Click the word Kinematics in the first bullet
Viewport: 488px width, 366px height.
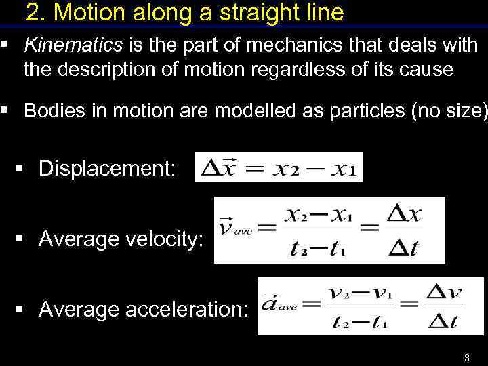coord(73,45)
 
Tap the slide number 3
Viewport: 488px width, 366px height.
coord(466,358)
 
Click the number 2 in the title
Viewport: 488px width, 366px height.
coord(33,12)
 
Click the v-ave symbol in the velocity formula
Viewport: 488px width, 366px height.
coord(234,227)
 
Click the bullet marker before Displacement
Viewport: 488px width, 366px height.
coord(26,168)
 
